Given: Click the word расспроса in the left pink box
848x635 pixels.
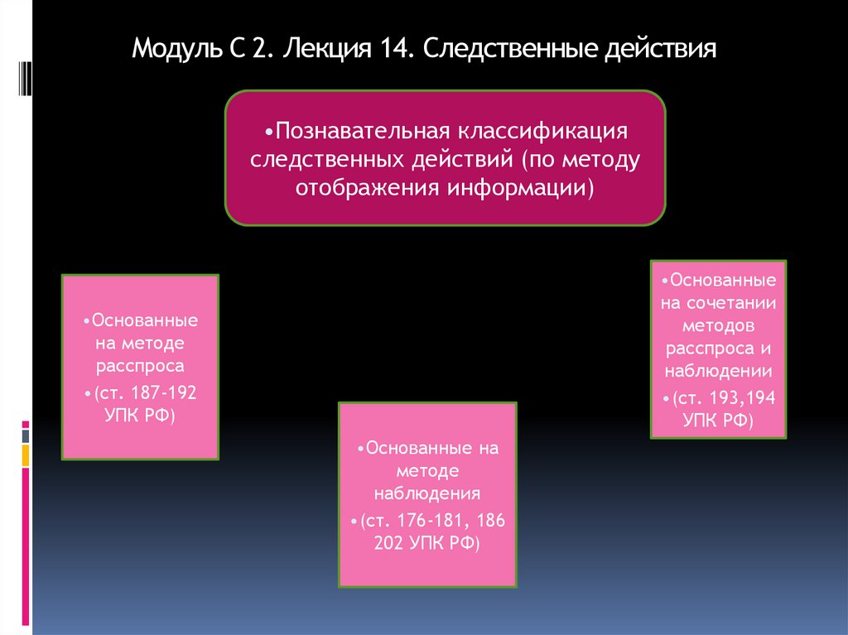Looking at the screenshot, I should coord(139,364).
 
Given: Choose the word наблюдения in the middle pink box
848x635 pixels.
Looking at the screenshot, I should coord(427,494).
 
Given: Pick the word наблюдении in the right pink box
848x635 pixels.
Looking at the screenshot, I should coord(718,370).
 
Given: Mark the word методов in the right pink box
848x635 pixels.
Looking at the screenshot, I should coord(718,325).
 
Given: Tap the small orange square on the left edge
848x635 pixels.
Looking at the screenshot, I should coord(26,455).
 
